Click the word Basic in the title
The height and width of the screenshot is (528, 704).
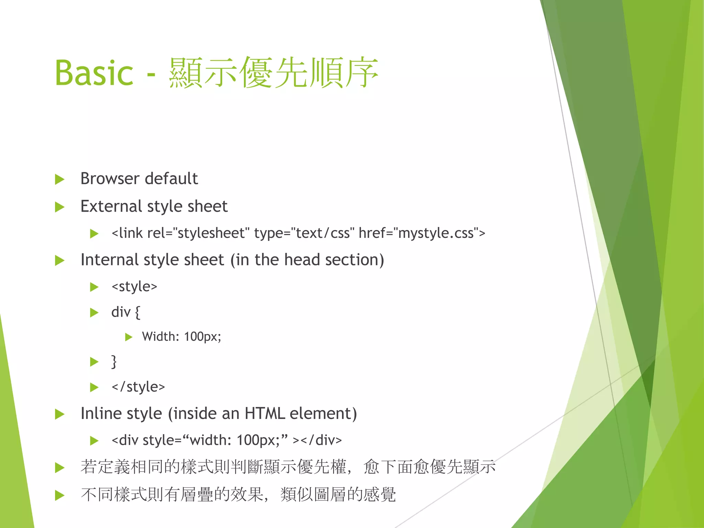(x=94, y=73)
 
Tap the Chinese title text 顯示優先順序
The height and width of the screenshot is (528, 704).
(x=273, y=73)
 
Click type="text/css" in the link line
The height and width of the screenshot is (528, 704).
(x=302, y=233)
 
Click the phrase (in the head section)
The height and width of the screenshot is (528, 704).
(x=307, y=260)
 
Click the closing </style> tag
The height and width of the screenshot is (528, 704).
(x=138, y=387)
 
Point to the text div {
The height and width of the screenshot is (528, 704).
(x=125, y=312)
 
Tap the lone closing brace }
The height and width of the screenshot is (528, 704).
(x=114, y=362)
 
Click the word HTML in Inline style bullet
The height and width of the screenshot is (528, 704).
(x=265, y=414)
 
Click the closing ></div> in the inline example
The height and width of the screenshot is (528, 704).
(x=317, y=440)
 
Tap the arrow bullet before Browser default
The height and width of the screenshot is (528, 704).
(x=60, y=179)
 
